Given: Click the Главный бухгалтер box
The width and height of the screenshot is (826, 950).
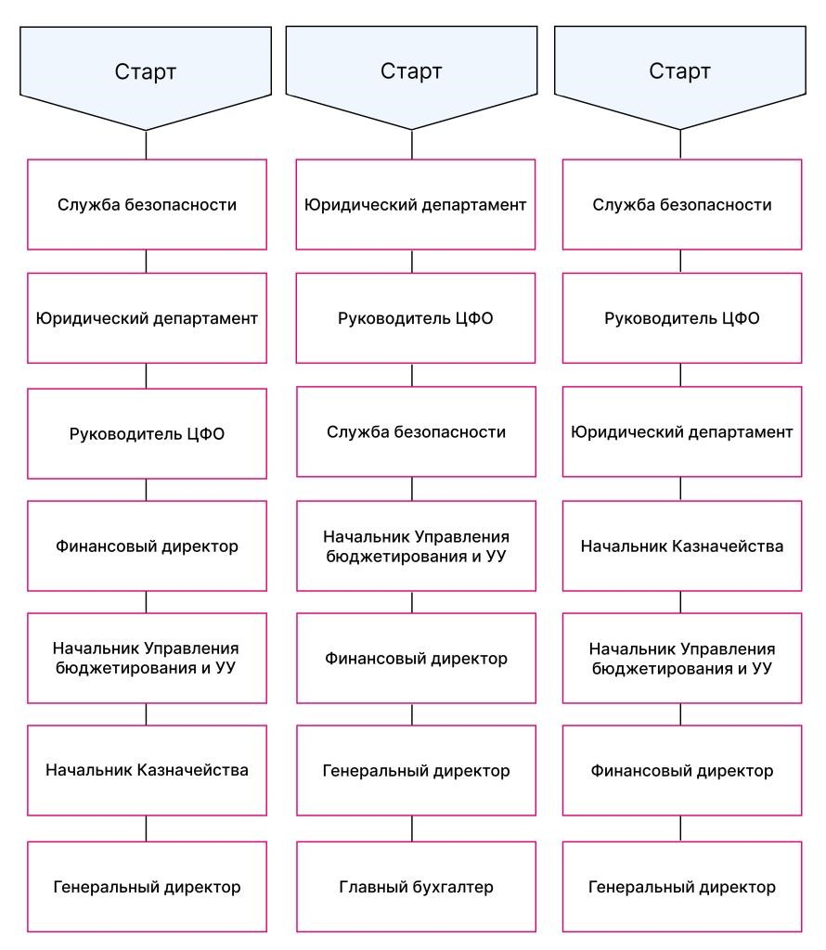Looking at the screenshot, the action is click(x=416, y=886).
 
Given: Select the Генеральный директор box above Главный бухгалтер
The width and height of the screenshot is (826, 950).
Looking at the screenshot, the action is click(x=416, y=770).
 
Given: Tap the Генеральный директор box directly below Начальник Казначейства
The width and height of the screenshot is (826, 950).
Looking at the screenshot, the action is click(x=147, y=886).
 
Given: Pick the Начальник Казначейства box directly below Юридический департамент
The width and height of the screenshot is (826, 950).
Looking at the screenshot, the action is click(x=682, y=546).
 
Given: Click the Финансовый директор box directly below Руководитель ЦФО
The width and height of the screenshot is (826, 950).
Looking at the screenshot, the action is click(x=147, y=546).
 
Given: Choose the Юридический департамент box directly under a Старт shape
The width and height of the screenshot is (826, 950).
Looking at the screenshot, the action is click(x=415, y=205).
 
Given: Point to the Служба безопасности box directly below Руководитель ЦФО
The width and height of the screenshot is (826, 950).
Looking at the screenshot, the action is click(x=416, y=432).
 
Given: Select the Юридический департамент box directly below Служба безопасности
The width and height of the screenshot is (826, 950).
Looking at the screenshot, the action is click(x=147, y=318).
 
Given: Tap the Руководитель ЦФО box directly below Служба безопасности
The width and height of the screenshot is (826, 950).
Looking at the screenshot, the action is click(x=682, y=318).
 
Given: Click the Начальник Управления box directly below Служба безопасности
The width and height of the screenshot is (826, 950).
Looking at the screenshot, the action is click(x=416, y=546).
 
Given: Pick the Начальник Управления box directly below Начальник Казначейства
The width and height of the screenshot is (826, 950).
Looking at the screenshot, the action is click(x=682, y=658).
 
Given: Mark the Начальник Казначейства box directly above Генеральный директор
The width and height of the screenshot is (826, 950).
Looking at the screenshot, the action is click(x=147, y=770).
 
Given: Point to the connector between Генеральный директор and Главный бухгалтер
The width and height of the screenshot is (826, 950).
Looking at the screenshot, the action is click(x=412, y=828).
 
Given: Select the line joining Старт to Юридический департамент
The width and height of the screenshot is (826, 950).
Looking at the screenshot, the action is click(x=412, y=144).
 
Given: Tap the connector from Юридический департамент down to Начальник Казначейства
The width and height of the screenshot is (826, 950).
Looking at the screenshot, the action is click(x=680, y=488).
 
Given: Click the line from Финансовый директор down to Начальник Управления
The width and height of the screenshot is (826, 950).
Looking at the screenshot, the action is click(x=146, y=602).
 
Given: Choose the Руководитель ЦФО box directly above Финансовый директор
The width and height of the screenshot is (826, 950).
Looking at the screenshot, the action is click(x=147, y=433).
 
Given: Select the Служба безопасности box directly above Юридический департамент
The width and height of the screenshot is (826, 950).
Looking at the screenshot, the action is click(x=147, y=205).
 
